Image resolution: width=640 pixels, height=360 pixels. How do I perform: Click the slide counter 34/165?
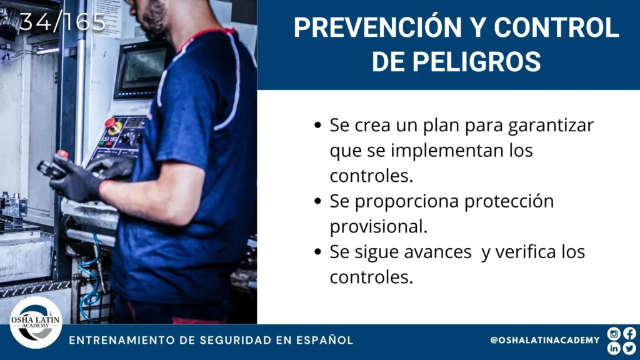click(62, 22)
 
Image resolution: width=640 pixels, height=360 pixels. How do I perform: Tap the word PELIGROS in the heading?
click(476, 62)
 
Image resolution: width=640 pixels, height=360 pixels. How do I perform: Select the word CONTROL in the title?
click(556, 27)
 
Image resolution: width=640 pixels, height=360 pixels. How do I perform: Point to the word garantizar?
click(551, 126)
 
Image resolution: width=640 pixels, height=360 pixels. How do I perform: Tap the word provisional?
click(378, 226)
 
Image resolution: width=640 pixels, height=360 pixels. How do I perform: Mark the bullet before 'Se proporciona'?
click(318, 201)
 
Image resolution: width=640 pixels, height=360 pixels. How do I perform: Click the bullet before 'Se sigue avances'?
click(318, 252)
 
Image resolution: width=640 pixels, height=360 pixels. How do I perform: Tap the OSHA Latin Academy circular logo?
click(36, 322)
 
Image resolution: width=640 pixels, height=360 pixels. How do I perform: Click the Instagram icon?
click(614, 334)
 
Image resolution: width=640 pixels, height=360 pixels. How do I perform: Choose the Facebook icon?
click(629, 334)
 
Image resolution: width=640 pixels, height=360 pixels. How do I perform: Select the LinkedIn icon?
click(614, 348)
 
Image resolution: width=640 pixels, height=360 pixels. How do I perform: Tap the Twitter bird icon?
click(629, 348)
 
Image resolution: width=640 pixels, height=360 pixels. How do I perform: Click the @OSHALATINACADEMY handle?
click(545, 340)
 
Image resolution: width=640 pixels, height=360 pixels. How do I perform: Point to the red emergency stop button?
click(110, 122)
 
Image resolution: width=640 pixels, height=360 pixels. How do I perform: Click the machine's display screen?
click(142, 69)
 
